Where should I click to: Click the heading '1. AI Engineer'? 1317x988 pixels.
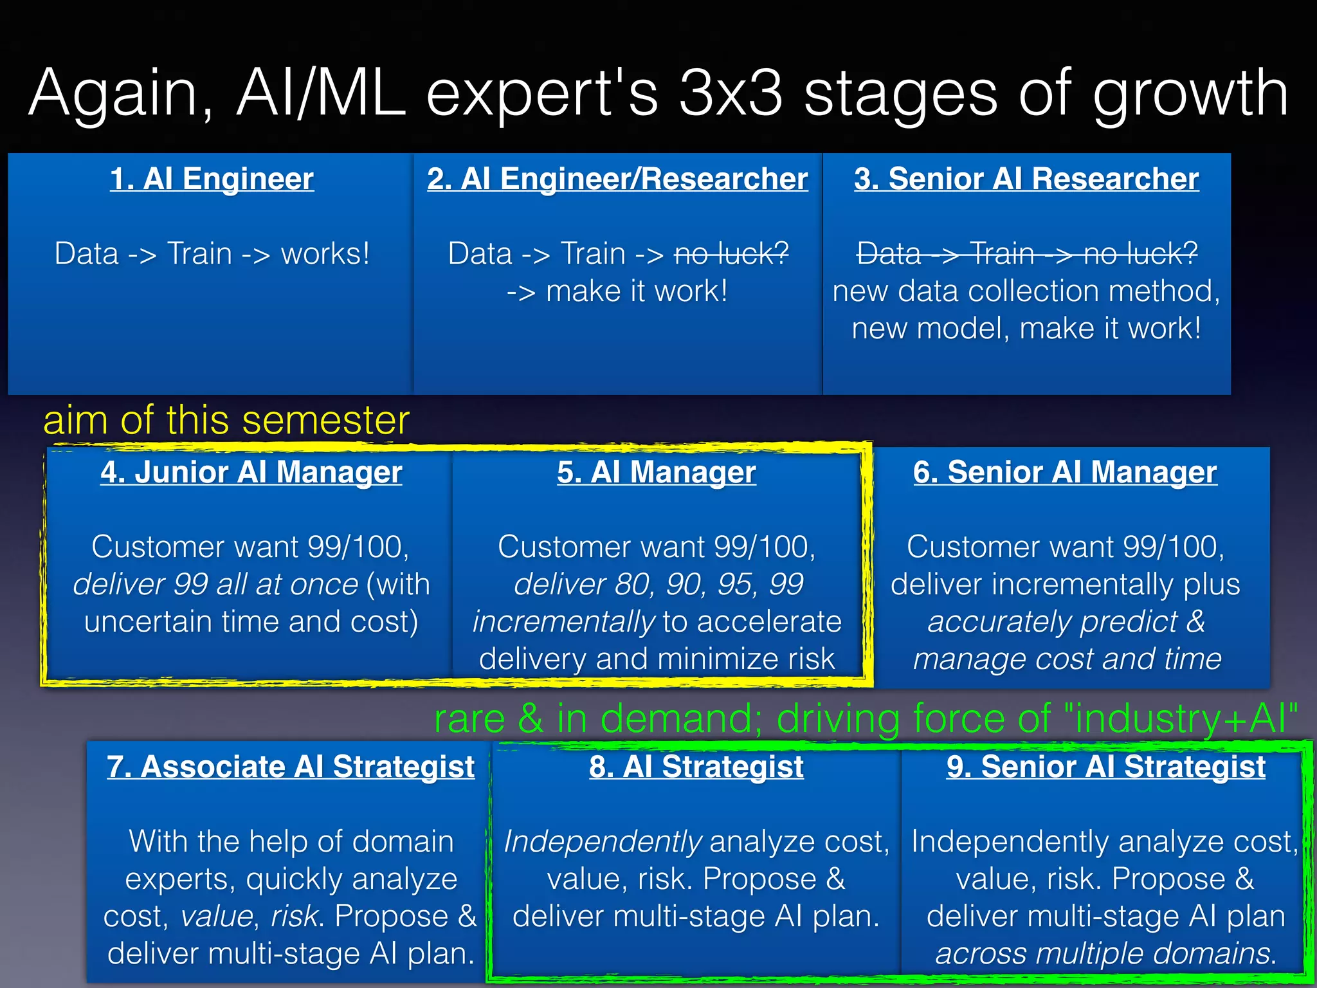(212, 179)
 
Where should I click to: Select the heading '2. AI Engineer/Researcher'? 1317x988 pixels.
(617, 179)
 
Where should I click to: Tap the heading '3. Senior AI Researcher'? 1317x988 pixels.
(1026, 179)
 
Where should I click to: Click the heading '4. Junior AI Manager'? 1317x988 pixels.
(251, 473)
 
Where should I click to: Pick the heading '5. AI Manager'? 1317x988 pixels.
(657, 473)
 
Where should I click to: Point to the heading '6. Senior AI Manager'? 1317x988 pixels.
(1065, 473)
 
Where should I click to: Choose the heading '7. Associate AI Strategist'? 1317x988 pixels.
(291, 767)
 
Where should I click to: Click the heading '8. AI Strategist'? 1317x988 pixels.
(696, 767)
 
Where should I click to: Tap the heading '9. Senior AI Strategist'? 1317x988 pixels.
(1105, 767)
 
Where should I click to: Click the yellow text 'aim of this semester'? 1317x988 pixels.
(226, 421)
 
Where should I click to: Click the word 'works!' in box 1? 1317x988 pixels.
(325, 254)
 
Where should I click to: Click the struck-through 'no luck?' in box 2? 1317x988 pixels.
(731, 254)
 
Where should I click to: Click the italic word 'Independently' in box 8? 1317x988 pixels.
(602, 842)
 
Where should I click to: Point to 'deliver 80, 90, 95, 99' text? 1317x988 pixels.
(658, 585)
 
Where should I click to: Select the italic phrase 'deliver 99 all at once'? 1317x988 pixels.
(215, 585)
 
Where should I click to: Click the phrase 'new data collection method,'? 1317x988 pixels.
(1026, 291)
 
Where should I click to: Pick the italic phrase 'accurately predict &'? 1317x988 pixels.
(1066, 622)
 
